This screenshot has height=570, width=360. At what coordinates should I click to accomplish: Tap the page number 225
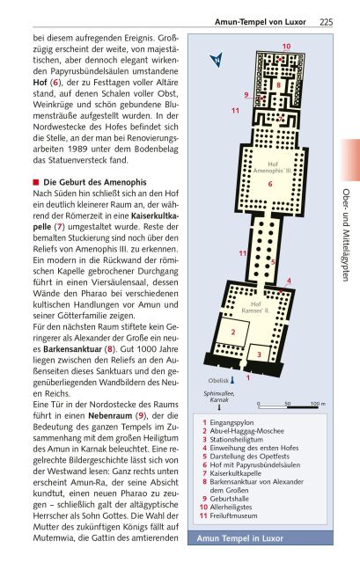(x=325, y=21)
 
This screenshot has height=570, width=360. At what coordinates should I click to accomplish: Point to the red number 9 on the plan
(x=246, y=94)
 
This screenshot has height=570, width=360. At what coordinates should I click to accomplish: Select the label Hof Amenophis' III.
(x=271, y=168)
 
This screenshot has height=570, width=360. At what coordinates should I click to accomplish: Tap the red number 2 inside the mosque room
(x=232, y=332)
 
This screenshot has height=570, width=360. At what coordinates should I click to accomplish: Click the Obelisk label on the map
(x=220, y=381)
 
